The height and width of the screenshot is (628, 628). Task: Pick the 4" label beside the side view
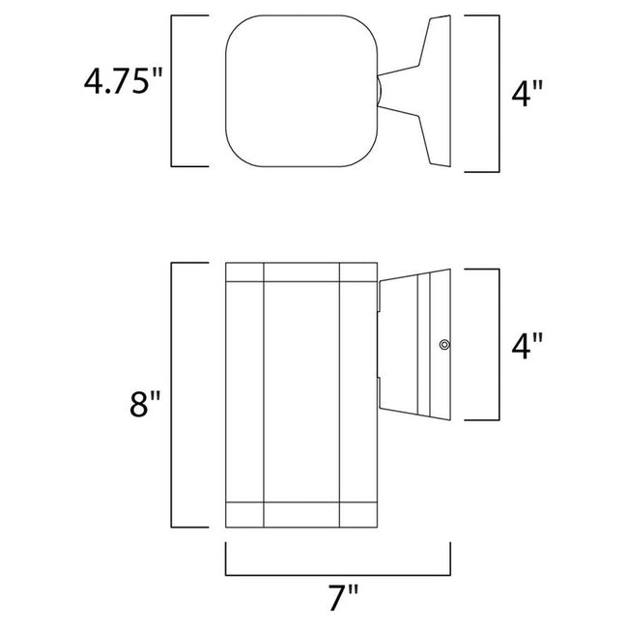pos(526,346)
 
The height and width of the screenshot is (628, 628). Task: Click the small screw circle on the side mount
pos(443,344)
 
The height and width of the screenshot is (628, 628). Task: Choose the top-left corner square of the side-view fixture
pos(244,271)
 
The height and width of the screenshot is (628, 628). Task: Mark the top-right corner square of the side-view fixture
pos(358,271)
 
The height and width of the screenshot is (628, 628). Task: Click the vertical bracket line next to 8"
pos(173,394)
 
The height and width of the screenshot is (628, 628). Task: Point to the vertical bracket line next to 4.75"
pos(173,93)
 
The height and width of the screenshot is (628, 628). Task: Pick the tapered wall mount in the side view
pos(417,344)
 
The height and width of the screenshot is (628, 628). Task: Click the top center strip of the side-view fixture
pos(301,271)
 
